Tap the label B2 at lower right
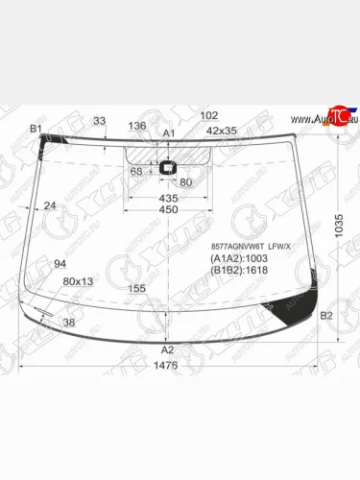[x=325, y=315]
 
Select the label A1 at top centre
[x=169, y=132]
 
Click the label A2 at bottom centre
[x=168, y=349]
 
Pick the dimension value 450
[x=168, y=210]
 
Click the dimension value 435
[x=168, y=197]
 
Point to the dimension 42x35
[x=221, y=131]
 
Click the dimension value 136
[x=137, y=126]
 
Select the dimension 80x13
[x=78, y=281]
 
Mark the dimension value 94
[x=60, y=264]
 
